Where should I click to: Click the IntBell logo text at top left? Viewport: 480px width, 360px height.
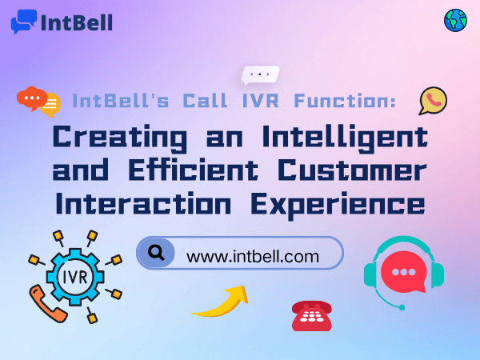[76, 21]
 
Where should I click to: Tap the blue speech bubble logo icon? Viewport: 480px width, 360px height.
[24, 21]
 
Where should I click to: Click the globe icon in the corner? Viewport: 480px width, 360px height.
[455, 21]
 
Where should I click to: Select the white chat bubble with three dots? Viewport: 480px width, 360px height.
[260, 75]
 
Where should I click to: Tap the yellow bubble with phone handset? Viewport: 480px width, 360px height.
[433, 101]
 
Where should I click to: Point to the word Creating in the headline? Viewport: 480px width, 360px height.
[111, 136]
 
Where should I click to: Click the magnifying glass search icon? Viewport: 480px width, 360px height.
[158, 254]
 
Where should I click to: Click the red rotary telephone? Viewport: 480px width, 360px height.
[312, 315]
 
